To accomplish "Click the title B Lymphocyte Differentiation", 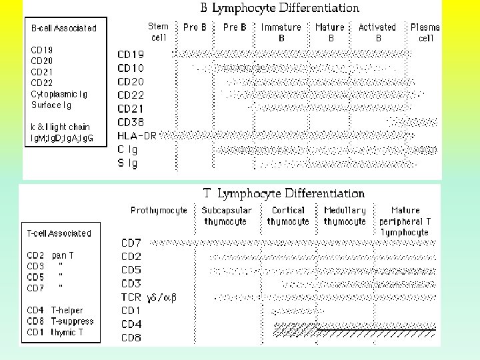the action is pos(280,9).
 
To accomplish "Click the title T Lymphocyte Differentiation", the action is pos(284,193).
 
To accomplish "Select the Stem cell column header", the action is pos(158,32).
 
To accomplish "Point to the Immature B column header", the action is pos(281,32).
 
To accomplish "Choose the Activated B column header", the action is pos(377,32).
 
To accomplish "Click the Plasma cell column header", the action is pos(425,32).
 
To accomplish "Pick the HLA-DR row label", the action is pos(137,135).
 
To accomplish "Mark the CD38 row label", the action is pos(131,122).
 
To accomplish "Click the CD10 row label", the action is pos(131,68).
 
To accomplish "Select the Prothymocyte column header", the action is pos(159,210).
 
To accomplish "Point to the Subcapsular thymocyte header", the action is pos(227,215).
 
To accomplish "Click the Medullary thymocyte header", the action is pos(344,215).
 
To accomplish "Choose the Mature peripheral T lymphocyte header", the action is pos(405,221).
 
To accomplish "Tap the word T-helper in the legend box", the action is pos(67,311).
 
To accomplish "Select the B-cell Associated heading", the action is pos(64,28).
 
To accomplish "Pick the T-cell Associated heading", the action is pos(59,233).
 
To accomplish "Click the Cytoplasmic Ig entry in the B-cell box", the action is pos(59,95).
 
